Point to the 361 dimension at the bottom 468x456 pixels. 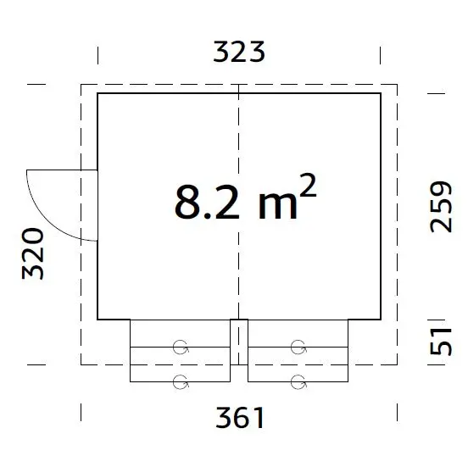click(239, 417)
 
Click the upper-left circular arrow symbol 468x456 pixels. click(180, 346)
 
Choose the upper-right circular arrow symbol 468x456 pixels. click(298, 346)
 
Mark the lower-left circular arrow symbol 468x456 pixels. click(180, 381)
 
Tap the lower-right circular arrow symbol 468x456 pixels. click(298, 381)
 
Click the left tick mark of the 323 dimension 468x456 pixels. click(97, 53)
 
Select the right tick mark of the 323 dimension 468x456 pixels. click(381, 53)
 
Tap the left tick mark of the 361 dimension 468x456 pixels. click(81, 413)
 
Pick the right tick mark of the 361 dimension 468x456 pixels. click(398, 413)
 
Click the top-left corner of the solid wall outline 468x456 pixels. click(97, 93)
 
